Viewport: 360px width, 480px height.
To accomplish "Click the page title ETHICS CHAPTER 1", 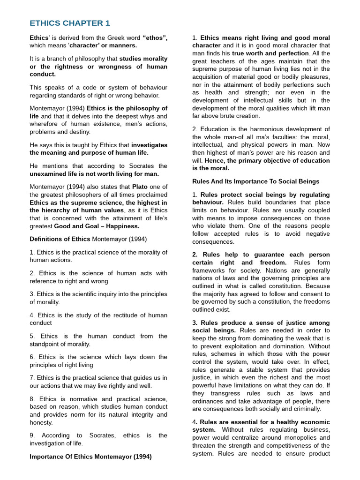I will pyautogui.click(x=70, y=23).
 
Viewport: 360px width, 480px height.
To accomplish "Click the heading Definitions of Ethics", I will pyautogui.click(x=60, y=239).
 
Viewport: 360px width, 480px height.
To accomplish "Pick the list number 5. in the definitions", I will pyautogui.click(x=32, y=336).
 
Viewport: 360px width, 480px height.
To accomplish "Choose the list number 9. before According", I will pyautogui.click(x=32, y=435).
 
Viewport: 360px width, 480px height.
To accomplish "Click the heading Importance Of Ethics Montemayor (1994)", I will pyautogui.click(x=90, y=457).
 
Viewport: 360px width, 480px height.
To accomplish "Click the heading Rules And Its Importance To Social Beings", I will pyautogui.click(x=256, y=181).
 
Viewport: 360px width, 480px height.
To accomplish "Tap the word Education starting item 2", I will pyautogui.click(x=215, y=129).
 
